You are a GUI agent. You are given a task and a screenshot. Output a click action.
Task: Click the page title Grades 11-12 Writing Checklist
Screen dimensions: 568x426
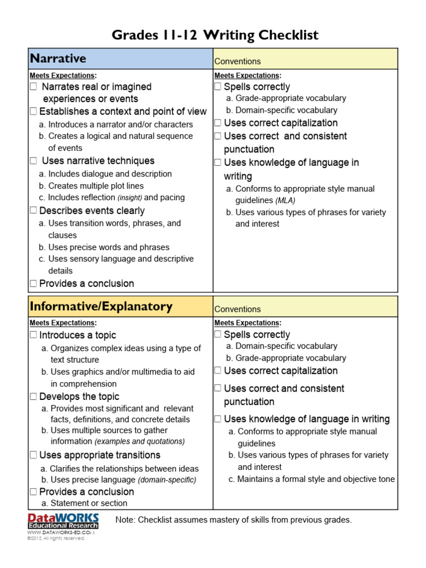pyautogui.click(x=215, y=35)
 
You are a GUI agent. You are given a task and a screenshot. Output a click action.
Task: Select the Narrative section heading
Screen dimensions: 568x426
pyautogui.click(x=58, y=58)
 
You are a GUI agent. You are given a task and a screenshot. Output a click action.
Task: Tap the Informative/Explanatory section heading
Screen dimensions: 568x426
pyautogui.click(x=101, y=306)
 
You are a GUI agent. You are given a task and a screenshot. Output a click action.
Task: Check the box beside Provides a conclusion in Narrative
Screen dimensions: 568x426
pyautogui.click(x=34, y=283)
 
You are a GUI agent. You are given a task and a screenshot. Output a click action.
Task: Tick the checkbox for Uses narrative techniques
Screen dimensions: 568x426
pyautogui.click(x=34, y=161)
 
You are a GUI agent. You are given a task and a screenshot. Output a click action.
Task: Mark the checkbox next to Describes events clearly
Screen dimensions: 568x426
pyautogui.click(x=34, y=211)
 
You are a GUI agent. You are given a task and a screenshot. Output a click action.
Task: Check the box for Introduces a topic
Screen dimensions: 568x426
pyautogui.click(x=34, y=335)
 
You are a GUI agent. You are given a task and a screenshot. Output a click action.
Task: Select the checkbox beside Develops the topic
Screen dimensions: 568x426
pyautogui.click(x=34, y=397)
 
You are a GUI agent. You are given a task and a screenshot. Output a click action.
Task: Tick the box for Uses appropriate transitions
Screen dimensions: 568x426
pyautogui.click(x=34, y=455)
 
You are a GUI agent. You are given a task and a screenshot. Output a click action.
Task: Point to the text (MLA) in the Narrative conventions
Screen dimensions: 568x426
pyautogui.click(x=285, y=200)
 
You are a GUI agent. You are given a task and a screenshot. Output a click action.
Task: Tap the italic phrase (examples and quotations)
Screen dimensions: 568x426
pyautogui.click(x=140, y=442)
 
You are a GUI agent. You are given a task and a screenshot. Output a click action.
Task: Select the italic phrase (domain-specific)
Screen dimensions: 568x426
pyautogui.click(x=167, y=480)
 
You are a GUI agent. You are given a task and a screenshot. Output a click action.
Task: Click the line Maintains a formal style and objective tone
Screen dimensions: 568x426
pyautogui.click(x=316, y=479)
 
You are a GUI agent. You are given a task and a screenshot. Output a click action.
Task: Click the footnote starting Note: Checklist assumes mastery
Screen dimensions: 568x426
pyautogui.click(x=234, y=520)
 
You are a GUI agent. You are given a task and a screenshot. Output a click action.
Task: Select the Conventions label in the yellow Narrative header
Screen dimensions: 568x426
pyautogui.click(x=237, y=61)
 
